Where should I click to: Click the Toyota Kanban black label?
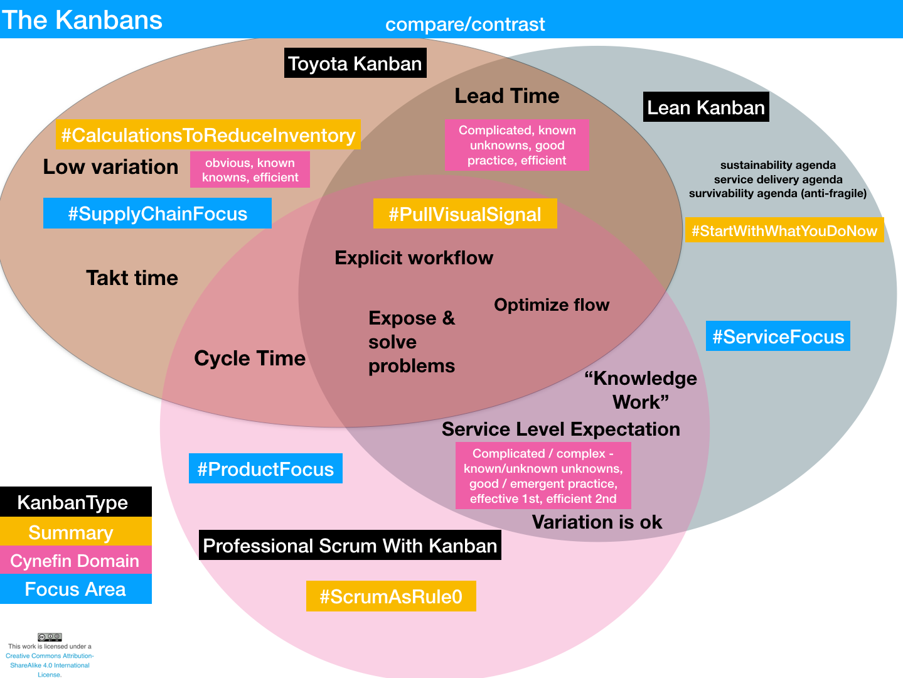coord(355,63)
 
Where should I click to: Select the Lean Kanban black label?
coord(706,107)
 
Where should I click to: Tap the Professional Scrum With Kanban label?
coord(350,546)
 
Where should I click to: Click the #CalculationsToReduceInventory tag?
coord(208,135)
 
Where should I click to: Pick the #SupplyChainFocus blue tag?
coord(158,213)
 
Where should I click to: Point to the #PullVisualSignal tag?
coord(465,214)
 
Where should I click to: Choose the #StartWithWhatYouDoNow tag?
coord(784,230)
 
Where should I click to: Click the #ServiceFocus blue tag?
coord(778,336)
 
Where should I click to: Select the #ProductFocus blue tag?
coord(265,469)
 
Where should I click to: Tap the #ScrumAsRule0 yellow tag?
coord(391,596)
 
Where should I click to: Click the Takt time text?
coord(132,277)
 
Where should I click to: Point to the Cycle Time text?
coord(250,358)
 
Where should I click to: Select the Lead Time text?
coord(507,95)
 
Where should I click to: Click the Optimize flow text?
coord(552,304)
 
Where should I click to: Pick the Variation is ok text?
coord(597,522)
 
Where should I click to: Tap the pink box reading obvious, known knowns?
coord(250,169)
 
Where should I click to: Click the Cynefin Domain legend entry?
coord(75,561)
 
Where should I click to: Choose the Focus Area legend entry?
coord(75,589)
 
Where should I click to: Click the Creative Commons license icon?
coord(50,637)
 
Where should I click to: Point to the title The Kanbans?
coord(82,20)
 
